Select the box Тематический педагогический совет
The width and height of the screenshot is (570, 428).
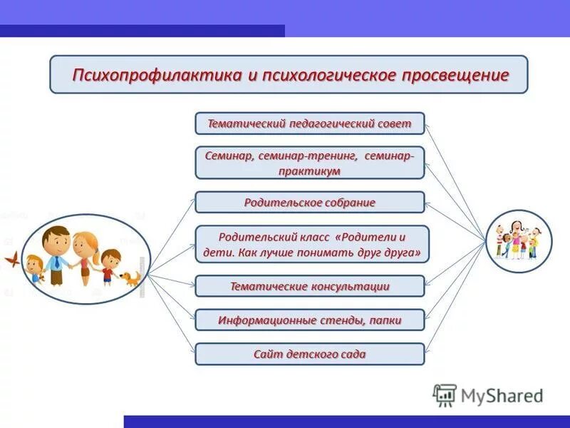(309, 123)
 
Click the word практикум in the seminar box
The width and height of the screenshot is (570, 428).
(309, 171)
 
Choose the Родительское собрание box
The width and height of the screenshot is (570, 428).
(309, 203)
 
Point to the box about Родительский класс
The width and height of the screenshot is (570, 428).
(312, 245)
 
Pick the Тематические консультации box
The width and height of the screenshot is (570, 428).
(309, 286)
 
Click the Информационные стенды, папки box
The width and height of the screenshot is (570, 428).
(309, 320)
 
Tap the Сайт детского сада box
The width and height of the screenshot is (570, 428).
(309, 354)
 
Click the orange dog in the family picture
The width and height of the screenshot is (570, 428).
(130, 277)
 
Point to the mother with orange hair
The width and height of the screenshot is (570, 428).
(84, 257)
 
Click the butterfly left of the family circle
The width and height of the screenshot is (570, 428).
(10, 258)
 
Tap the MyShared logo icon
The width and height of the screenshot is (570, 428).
(445, 394)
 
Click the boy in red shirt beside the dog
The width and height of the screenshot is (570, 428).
(109, 267)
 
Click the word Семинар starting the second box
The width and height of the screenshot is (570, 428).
(226, 156)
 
